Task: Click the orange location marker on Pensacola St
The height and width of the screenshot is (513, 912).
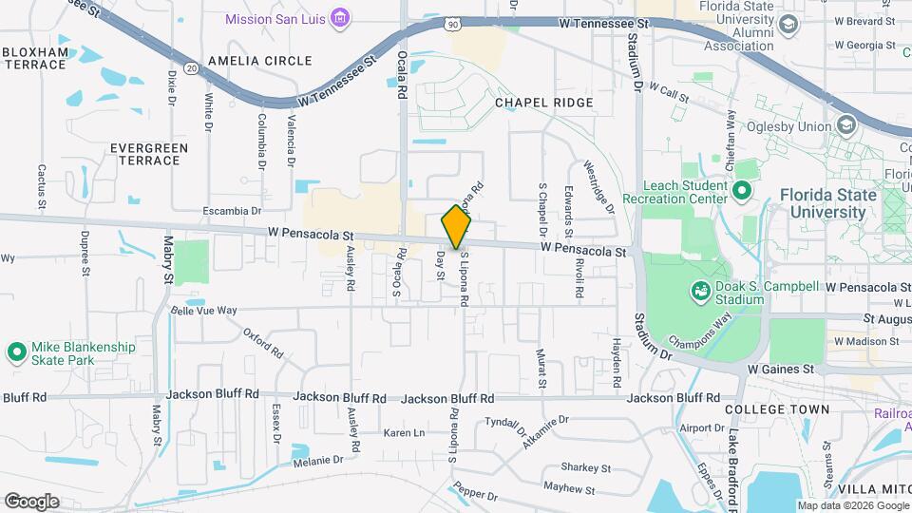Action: coord(456,228)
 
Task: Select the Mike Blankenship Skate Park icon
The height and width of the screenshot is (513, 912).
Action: coord(16,353)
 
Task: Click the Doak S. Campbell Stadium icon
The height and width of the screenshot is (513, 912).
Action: coord(700,290)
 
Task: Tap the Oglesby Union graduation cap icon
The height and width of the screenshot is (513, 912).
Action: coord(845,125)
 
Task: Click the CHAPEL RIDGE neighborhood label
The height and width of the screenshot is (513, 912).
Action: coord(544,103)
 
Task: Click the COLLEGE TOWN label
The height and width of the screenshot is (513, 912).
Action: coord(776,409)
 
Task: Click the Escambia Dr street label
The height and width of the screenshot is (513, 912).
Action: coord(232,211)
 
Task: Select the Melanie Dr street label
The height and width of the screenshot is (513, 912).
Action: coord(317,461)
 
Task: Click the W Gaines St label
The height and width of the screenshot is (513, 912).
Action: coord(781,369)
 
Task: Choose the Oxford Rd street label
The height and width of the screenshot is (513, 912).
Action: coord(263,342)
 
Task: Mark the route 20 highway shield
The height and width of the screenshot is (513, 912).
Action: coord(192,68)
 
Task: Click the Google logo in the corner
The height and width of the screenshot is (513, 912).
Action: coord(31,501)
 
